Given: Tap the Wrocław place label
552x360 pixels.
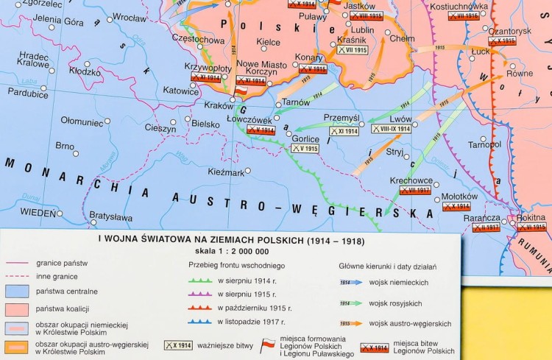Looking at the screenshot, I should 130,17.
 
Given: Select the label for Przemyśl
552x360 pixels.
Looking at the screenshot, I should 341,118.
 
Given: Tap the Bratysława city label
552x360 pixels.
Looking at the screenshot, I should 110,217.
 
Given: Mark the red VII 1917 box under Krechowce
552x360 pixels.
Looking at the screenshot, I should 415,190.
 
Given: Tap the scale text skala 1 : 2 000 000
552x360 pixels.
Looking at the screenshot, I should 230,252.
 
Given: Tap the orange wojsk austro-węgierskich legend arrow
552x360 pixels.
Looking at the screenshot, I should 351,323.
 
